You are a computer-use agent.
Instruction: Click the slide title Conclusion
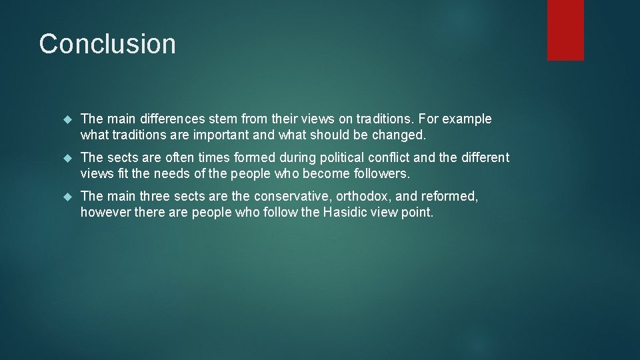pyautogui.click(x=107, y=44)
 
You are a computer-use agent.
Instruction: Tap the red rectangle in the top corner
pyautogui.click(x=565, y=29)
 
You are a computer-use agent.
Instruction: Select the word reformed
pyautogui.click(x=449, y=197)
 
